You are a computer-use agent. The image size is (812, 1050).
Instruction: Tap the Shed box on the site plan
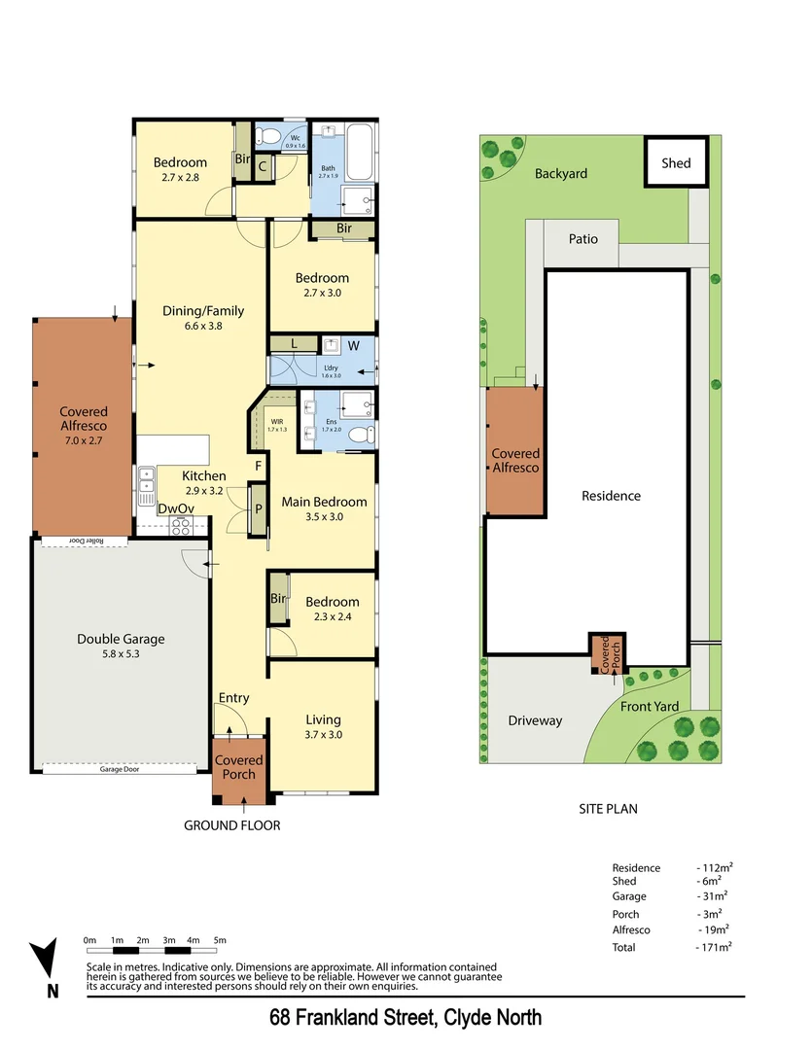pos(676,163)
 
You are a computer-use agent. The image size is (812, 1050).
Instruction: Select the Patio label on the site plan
pos(583,239)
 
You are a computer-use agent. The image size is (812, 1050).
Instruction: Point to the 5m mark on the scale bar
pos(220,940)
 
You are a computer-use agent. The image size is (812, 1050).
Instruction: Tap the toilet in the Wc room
pos(273,135)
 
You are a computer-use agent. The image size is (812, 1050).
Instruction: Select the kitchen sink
pos(147,482)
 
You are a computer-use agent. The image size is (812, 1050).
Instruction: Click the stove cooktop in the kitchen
pos(181,526)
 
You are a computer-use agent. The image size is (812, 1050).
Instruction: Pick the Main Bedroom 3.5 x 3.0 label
pos(324,508)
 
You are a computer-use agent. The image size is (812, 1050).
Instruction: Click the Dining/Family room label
pos(203,318)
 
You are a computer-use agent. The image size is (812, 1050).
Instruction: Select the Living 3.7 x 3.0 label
pos(323,727)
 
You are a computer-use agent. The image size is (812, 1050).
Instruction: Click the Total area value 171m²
pos(715,946)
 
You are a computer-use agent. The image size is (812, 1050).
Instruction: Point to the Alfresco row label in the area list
pos(631,929)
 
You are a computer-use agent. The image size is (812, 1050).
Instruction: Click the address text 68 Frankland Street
pos(406,1018)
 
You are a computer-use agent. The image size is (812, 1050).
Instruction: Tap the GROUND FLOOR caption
pos(232,825)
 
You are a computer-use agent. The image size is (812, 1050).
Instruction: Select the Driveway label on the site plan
pos(535,720)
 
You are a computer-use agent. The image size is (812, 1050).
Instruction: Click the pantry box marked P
pos(259,508)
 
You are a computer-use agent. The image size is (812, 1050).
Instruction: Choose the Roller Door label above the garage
pos(85,541)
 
